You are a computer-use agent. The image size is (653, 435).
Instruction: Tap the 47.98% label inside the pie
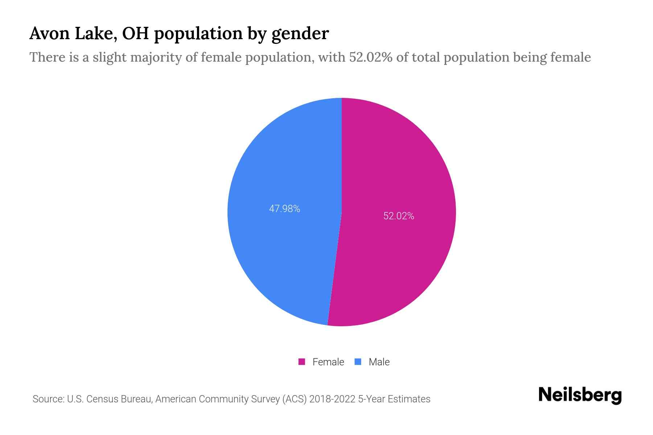tap(284, 209)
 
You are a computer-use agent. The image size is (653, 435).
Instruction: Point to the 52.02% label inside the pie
tap(399, 216)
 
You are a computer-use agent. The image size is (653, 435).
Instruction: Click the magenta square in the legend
tap(301, 362)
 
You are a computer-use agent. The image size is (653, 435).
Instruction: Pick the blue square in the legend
tap(358, 362)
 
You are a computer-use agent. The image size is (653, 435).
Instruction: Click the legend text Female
tap(328, 362)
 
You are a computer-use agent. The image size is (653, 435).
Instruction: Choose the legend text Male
tap(379, 362)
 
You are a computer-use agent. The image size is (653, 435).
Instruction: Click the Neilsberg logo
tap(580, 395)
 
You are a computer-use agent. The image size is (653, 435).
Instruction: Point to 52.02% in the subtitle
tap(370, 57)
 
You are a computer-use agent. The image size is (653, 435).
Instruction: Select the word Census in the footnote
tap(103, 399)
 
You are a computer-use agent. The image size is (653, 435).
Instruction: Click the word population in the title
tap(198, 34)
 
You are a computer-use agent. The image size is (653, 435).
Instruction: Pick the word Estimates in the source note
tap(409, 399)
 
